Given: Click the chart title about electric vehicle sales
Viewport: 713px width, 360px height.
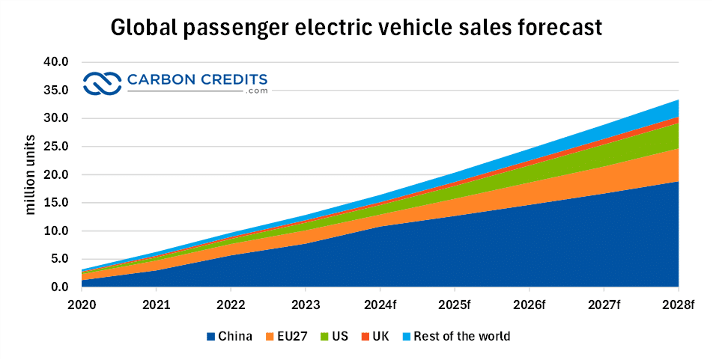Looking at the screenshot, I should [356, 28].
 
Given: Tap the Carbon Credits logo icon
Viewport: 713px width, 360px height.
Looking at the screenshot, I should [102, 83].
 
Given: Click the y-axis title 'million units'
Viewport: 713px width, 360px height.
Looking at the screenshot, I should [31, 175].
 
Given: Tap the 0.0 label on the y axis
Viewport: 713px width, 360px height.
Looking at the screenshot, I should [60, 287].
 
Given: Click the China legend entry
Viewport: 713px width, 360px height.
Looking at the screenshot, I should [228, 337].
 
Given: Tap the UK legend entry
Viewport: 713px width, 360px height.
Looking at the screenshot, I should [375, 337].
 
